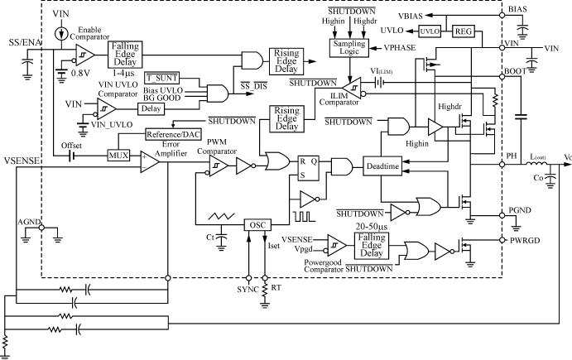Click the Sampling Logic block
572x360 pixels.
[352, 49]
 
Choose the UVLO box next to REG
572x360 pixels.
[429, 31]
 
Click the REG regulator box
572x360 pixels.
[464, 31]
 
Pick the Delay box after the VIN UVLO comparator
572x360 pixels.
[150, 107]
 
